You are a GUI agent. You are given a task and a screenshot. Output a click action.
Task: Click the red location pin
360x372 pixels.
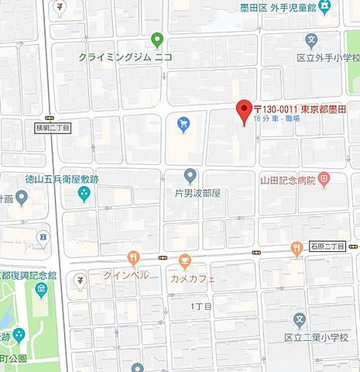(244, 112)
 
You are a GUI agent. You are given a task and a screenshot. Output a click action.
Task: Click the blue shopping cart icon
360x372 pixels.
(183, 124)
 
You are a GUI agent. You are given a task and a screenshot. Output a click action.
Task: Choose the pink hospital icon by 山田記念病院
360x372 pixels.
(324, 181)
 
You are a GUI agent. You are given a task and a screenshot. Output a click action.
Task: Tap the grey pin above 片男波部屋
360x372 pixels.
(190, 176)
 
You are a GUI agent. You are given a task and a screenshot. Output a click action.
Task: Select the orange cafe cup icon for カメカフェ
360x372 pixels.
(184, 260)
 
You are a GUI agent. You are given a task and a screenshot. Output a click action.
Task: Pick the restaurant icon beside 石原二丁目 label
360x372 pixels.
(297, 248)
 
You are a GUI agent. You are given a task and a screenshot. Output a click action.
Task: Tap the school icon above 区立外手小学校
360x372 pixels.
(312, 40)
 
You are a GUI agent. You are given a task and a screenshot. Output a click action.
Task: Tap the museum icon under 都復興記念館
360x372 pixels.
(41, 290)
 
